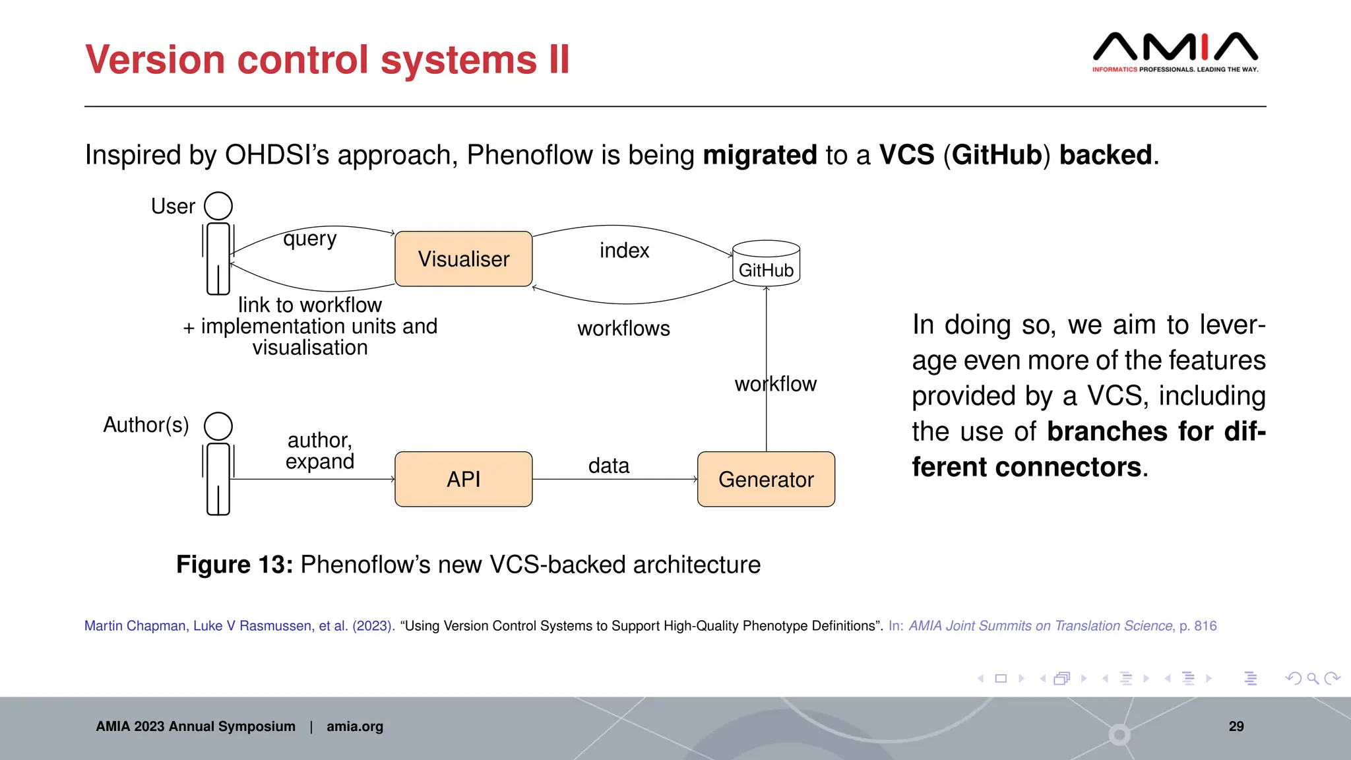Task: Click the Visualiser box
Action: point(463,259)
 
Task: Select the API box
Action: point(463,479)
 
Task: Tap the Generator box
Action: point(766,479)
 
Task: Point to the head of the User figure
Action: point(218,206)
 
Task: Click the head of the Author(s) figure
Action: point(218,426)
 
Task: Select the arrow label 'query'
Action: point(309,239)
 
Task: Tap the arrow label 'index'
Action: point(624,251)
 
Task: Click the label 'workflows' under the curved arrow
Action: point(623,329)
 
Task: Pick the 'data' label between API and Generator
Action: point(608,466)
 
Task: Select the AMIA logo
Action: point(1175,51)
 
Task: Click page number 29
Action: point(1236,726)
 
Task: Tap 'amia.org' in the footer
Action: point(354,726)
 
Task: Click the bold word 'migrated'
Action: point(759,156)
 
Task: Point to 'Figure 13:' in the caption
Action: point(234,565)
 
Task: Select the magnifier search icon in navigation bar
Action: point(1312,678)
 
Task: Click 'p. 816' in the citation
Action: point(1198,625)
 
